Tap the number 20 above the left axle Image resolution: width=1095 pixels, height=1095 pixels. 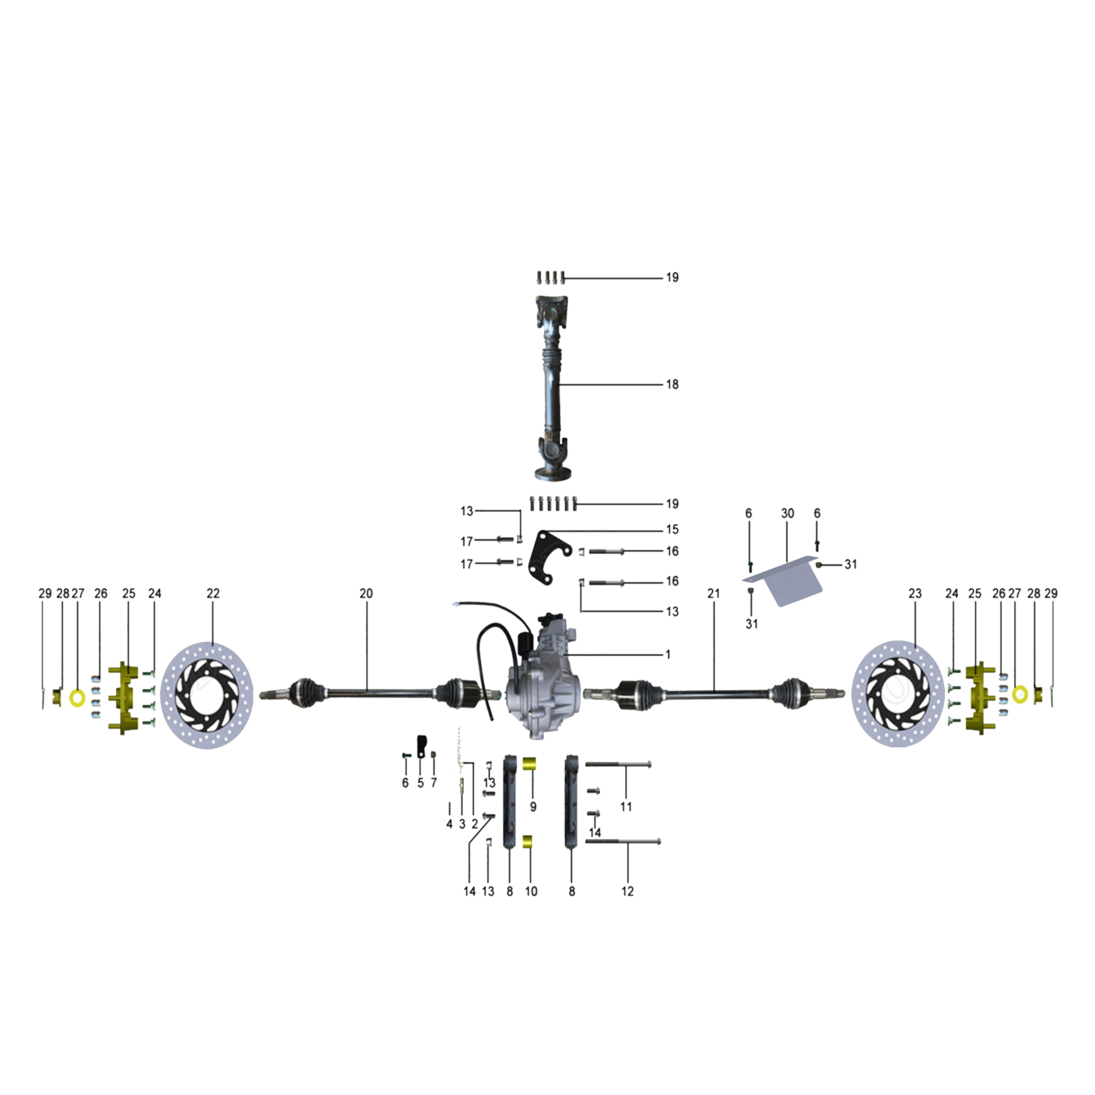click(366, 593)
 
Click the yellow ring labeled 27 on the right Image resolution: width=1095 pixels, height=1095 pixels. click(1020, 694)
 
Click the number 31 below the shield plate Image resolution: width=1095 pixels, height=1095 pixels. click(751, 624)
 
